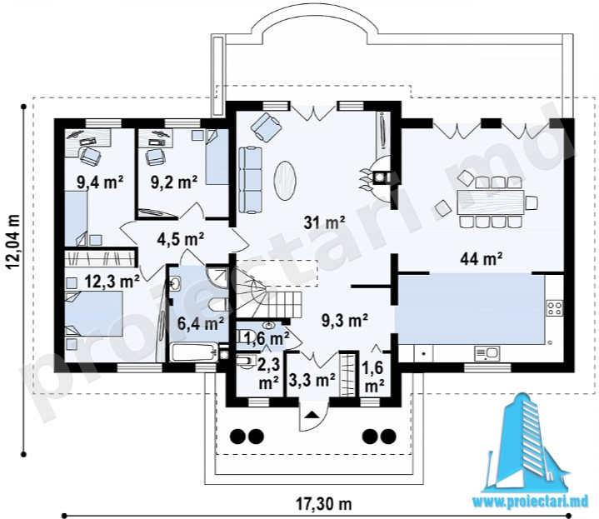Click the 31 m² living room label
pyautogui.click(x=324, y=222)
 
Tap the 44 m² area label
pyautogui.click(x=481, y=259)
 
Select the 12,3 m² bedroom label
pyautogui.click(x=112, y=282)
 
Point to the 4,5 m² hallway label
pyautogui.click(x=180, y=239)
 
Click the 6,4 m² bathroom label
pyautogui.click(x=201, y=324)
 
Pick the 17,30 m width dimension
pyautogui.click(x=324, y=504)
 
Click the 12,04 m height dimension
pyautogui.click(x=13, y=242)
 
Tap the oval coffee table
pyautogui.click(x=285, y=180)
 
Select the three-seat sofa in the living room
pyautogui.click(x=251, y=180)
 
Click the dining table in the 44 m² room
pyautogui.click(x=491, y=202)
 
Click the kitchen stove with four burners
pyautogui.click(x=555, y=307)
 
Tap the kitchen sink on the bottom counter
pyautogui.click(x=487, y=353)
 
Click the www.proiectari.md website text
pyautogui.click(x=531, y=502)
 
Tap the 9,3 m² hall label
pyautogui.click(x=345, y=320)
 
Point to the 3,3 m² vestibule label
pyautogui.click(x=312, y=380)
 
